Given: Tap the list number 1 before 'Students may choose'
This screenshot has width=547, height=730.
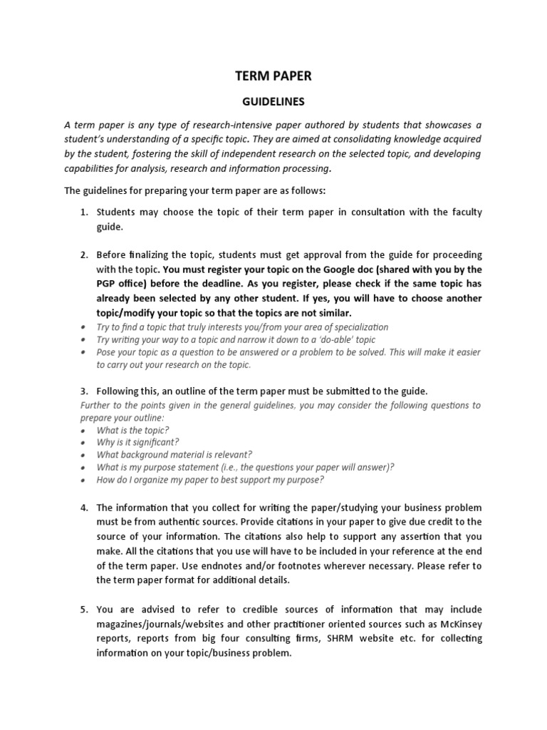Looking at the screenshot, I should [83, 212].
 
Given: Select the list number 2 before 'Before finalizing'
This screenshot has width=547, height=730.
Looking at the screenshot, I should [83, 255].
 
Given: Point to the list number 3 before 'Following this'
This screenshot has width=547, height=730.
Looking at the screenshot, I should [83, 391].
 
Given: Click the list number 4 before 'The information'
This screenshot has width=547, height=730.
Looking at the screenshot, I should [83, 508].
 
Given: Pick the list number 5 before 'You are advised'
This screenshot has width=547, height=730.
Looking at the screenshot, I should [83, 610].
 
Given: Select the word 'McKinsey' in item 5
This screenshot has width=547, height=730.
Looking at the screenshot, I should [459, 624].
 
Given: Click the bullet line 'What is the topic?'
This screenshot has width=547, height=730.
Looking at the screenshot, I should [133, 431].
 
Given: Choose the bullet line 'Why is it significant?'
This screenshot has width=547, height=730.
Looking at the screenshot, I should [138, 443].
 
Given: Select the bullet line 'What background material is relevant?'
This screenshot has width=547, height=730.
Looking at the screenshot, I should [174, 455].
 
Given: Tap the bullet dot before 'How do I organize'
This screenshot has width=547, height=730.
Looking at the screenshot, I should [83, 480].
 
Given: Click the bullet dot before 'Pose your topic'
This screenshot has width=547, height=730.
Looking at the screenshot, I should [83, 352].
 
